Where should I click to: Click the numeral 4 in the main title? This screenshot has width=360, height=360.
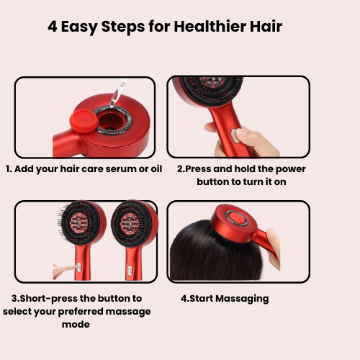click(53, 26)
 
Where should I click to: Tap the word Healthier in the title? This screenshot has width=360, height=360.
click(210, 26)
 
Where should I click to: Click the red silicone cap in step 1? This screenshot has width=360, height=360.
click(84, 121)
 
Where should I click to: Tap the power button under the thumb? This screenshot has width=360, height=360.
click(234, 136)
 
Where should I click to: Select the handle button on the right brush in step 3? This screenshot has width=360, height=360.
click(130, 270)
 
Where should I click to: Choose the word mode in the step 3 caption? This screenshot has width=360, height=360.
click(76, 325)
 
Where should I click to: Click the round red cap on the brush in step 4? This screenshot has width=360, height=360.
click(236, 218)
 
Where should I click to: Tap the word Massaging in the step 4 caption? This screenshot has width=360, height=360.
click(242, 299)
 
